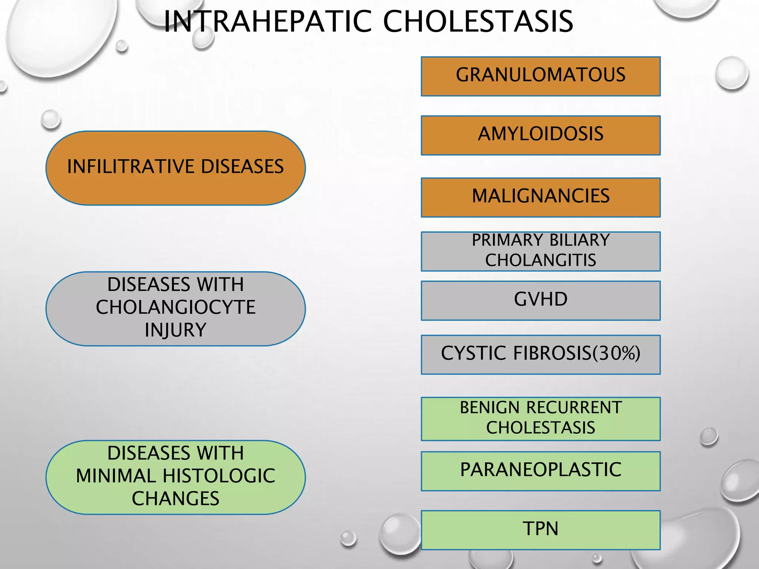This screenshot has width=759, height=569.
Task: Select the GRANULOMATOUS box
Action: [x=540, y=76]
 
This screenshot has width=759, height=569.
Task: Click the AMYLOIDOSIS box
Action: [x=540, y=135]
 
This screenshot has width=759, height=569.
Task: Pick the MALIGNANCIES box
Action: [x=540, y=197]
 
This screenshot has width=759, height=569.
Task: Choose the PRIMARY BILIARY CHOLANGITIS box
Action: [x=540, y=251]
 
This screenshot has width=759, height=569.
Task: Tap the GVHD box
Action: [x=540, y=300]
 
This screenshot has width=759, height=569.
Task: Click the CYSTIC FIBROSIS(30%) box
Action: [x=540, y=355]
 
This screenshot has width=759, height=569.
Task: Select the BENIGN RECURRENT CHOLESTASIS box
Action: [x=540, y=419]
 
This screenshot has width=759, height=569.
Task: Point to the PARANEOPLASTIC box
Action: [x=540, y=471]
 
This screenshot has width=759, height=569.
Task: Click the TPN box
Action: [x=540, y=530]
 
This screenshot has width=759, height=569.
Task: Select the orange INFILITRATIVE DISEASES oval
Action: [x=175, y=168]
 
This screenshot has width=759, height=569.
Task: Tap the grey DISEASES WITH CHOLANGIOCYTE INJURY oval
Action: [x=175, y=309]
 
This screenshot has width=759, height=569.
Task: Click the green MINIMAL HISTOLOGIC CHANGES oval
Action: [x=175, y=477]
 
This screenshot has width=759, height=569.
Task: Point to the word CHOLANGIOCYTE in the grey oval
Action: [x=175, y=307]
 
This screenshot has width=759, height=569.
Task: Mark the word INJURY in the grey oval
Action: [x=175, y=330]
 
